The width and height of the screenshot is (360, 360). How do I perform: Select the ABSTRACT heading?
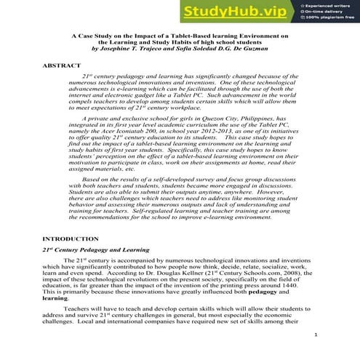coord(62,65)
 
